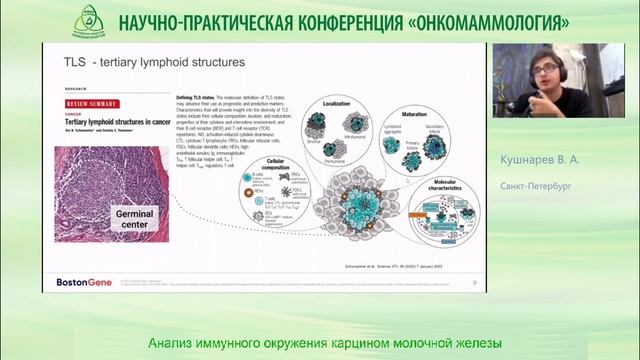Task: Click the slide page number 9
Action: (473, 284)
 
